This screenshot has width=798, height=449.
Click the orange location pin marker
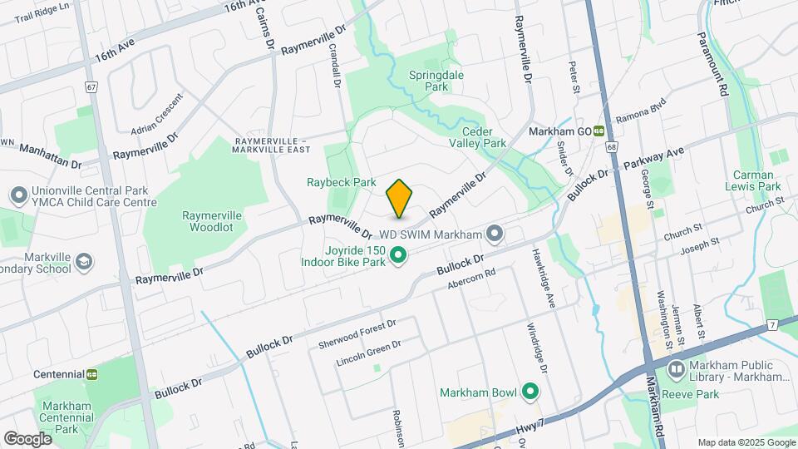(399, 198)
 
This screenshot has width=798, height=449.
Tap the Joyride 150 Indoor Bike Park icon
(398, 255)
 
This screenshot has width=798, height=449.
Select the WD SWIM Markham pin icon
(495, 234)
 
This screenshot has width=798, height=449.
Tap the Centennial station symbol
(92, 375)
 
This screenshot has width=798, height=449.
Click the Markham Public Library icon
(676, 368)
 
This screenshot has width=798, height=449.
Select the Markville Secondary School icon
(83, 262)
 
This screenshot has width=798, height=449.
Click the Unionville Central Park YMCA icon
(18, 196)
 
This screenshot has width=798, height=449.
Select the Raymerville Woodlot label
(212, 220)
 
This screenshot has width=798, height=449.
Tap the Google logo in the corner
(27, 438)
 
